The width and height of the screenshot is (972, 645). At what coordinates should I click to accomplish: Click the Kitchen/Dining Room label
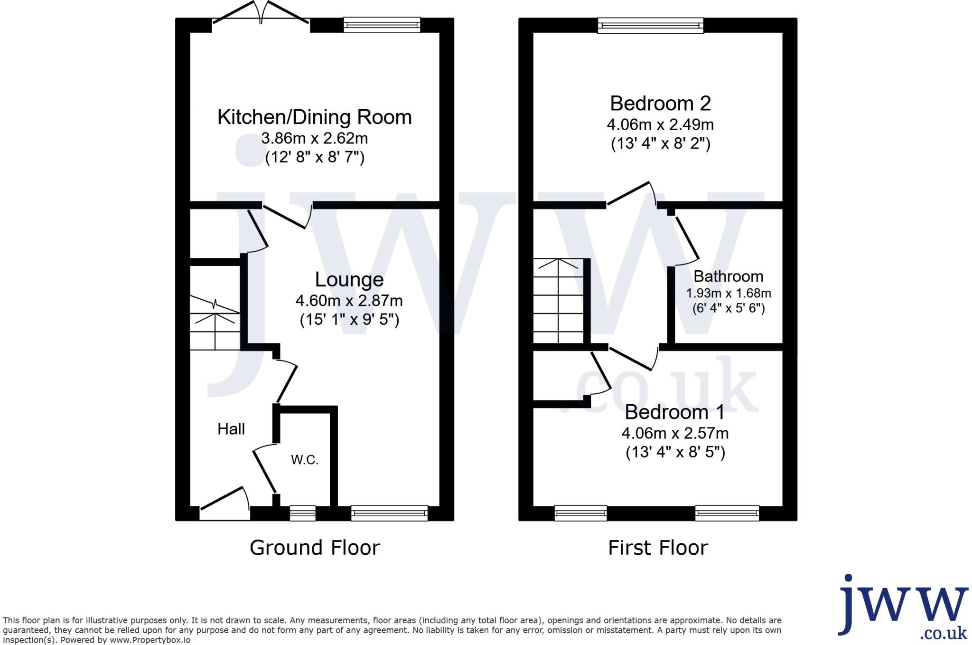click(x=314, y=117)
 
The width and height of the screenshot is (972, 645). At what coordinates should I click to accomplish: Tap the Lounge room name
click(x=349, y=279)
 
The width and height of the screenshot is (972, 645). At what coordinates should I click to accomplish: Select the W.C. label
click(x=305, y=460)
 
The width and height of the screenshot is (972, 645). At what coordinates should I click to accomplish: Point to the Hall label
click(x=231, y=429)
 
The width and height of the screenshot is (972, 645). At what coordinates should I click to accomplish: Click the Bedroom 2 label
click(x=660, y=104)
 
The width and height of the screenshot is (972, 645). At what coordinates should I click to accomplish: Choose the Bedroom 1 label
click(x=674, y=412)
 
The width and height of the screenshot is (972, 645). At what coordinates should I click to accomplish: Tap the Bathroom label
click(x=728, y=276)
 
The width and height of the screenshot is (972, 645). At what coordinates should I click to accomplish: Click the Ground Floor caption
click(x=315, y=548)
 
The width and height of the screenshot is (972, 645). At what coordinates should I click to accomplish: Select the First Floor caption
click(x=658, y=548)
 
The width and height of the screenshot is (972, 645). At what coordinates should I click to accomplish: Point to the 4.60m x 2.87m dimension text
click(x=349, y=301)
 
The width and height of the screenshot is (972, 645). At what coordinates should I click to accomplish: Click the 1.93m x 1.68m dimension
click(x=729, y=294)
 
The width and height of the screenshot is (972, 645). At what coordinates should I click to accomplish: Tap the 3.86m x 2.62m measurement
click(x=314, y=139)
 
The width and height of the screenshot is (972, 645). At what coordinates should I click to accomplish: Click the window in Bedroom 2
click(x=650, y=25)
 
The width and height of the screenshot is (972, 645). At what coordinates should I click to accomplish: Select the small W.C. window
click(x=303, y=513)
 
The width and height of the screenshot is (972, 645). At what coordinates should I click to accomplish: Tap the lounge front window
click(x=389, y=513)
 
